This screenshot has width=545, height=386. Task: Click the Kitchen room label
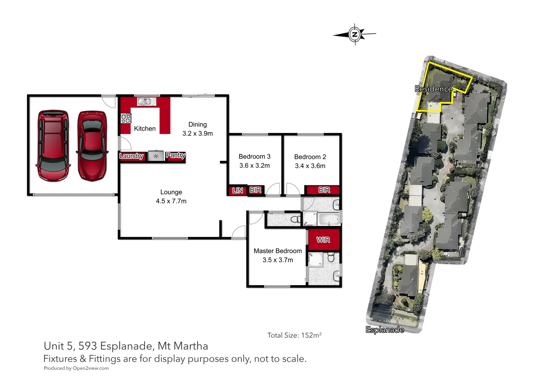coord(145,129)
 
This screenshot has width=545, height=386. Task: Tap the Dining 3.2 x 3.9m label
coord(197,129)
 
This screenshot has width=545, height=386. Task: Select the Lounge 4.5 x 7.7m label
coord(171,197)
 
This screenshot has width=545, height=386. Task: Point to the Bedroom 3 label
coord(254,161)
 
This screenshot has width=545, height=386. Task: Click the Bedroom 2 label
coord(310,161)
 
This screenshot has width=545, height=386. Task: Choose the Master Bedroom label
coord(278,255)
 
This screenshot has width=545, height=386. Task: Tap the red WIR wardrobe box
coord(323,240)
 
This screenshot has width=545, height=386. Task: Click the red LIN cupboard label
coord(237,190)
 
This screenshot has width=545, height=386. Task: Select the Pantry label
coord(175,155)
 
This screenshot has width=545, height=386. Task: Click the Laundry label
coord(131,156)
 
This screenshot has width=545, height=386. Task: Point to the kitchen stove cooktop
coord(126,118)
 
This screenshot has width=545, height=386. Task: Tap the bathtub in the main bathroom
coord(329,219)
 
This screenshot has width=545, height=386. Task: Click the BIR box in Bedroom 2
coord(324,190)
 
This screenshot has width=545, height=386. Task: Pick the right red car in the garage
coord(92,146)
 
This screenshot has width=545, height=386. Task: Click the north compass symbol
coord(354,34)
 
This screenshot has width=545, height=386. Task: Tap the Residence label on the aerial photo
coord(433,89)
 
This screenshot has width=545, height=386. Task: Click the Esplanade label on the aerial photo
coord(385,330)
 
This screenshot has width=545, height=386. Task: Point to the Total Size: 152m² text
coord(294,335)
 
